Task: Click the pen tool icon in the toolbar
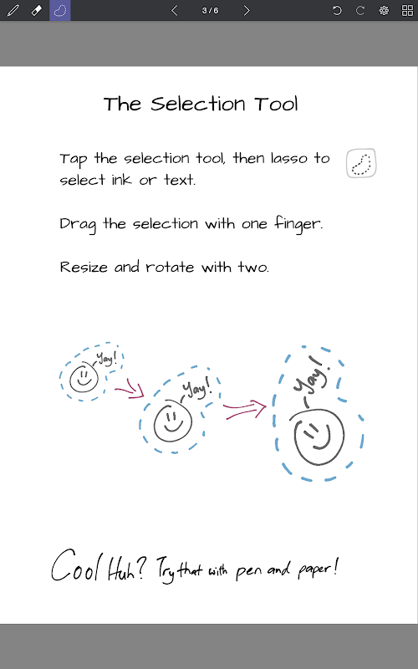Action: [13, 10]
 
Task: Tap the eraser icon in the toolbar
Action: [37, 10]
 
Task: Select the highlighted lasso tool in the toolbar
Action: [60, 10]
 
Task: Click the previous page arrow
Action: [174, 10]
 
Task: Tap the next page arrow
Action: [247, 10]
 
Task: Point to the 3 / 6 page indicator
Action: [211, 10]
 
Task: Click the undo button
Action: [337, 10]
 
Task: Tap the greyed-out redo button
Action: [360, 10]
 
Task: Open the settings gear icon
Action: [384, 10]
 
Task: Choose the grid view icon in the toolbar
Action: [407, 10]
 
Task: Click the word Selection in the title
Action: [198, 104]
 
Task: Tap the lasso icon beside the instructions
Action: [361, 163]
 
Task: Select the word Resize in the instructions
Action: [84, 267]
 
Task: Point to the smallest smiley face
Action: [84, 378]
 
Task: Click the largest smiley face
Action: [319, 437]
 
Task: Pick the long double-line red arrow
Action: [245, 410]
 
